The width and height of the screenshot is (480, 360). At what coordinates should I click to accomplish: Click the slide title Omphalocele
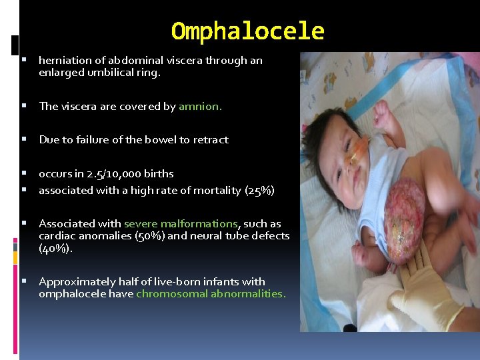247,31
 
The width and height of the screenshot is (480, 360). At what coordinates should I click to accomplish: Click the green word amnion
200,107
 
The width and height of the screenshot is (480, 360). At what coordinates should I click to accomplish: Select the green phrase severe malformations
181,224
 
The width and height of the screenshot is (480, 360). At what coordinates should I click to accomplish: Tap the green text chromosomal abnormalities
211,294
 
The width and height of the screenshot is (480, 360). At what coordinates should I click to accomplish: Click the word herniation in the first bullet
63,61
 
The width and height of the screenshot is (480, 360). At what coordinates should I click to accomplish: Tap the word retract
211,140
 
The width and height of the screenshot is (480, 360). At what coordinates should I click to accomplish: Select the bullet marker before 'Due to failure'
24,140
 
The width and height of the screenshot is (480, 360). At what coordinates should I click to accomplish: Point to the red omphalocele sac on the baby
403,220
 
